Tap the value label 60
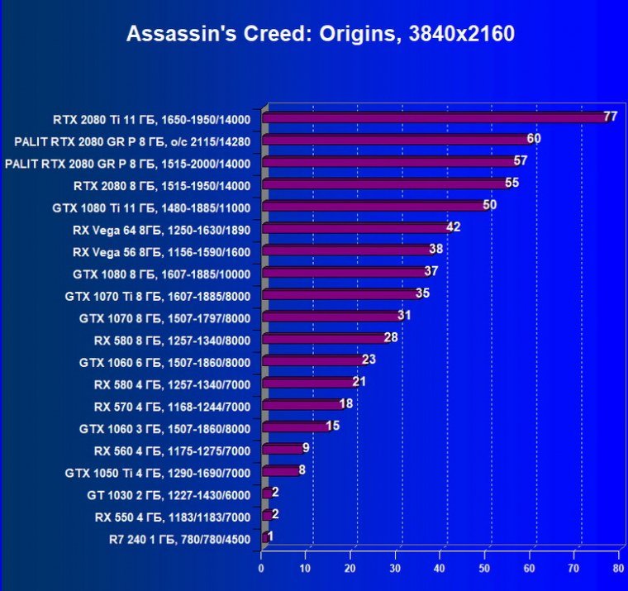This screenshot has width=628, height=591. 534,139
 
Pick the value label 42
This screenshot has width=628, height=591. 453,227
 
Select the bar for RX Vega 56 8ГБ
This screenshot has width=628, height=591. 347,250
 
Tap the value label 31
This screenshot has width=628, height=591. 404,316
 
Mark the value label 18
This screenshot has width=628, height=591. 346,404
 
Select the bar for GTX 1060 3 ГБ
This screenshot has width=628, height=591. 295,427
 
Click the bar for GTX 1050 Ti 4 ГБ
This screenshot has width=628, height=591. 280,472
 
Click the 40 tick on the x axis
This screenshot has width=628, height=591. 440,569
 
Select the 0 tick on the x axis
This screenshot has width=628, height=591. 261,569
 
